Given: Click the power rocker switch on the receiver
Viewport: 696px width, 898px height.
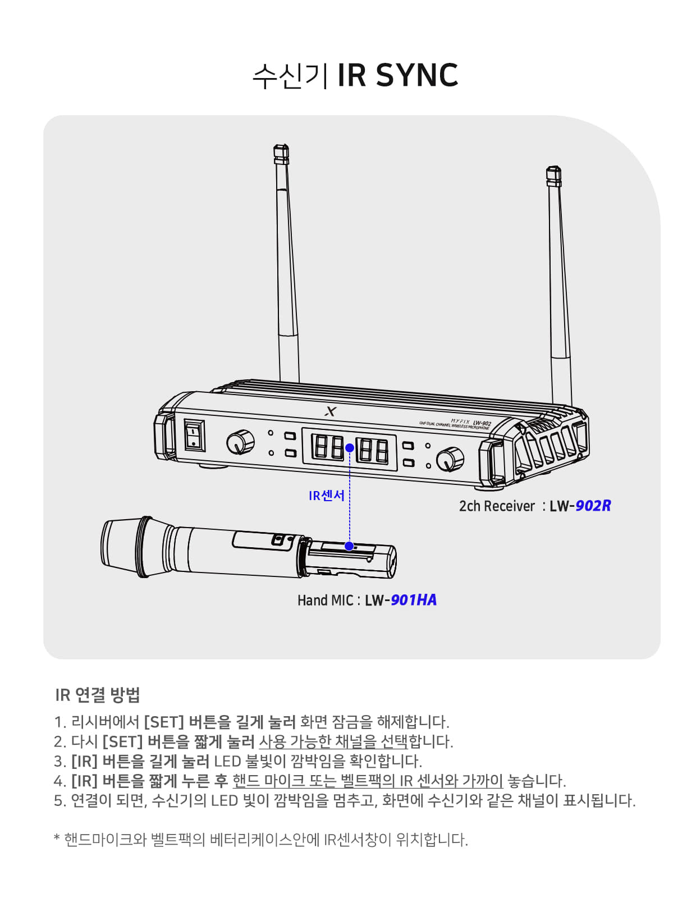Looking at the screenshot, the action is (194, 436).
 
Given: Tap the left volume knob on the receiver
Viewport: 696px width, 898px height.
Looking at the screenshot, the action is (240, 442).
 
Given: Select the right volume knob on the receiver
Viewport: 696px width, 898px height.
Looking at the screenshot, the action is (450, 459).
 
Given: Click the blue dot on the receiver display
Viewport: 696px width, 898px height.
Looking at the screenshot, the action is (350, 447).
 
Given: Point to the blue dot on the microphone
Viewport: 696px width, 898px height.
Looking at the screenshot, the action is (349, 546).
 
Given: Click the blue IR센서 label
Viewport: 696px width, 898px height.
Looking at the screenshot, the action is (327, 496).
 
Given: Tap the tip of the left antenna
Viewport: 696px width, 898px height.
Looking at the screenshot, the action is (281, 145).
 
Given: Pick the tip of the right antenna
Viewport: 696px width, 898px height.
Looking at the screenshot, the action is (553, 167).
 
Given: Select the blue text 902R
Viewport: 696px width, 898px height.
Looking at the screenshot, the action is (593, 506).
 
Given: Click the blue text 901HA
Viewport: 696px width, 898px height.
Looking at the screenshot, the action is (413, 600).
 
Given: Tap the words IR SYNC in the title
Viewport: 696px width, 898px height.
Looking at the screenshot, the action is (397, 75).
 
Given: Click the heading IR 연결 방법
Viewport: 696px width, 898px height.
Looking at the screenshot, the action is (98, 695).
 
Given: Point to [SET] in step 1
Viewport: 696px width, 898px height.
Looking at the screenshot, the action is (164, 722).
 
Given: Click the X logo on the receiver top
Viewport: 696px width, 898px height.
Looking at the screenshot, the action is (331, 411).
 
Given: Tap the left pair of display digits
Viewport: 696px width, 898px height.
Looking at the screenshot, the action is (327, 447).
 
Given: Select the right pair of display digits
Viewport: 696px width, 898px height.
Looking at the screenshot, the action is (372, 451).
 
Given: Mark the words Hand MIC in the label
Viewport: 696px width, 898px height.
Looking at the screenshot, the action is (326, 600).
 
